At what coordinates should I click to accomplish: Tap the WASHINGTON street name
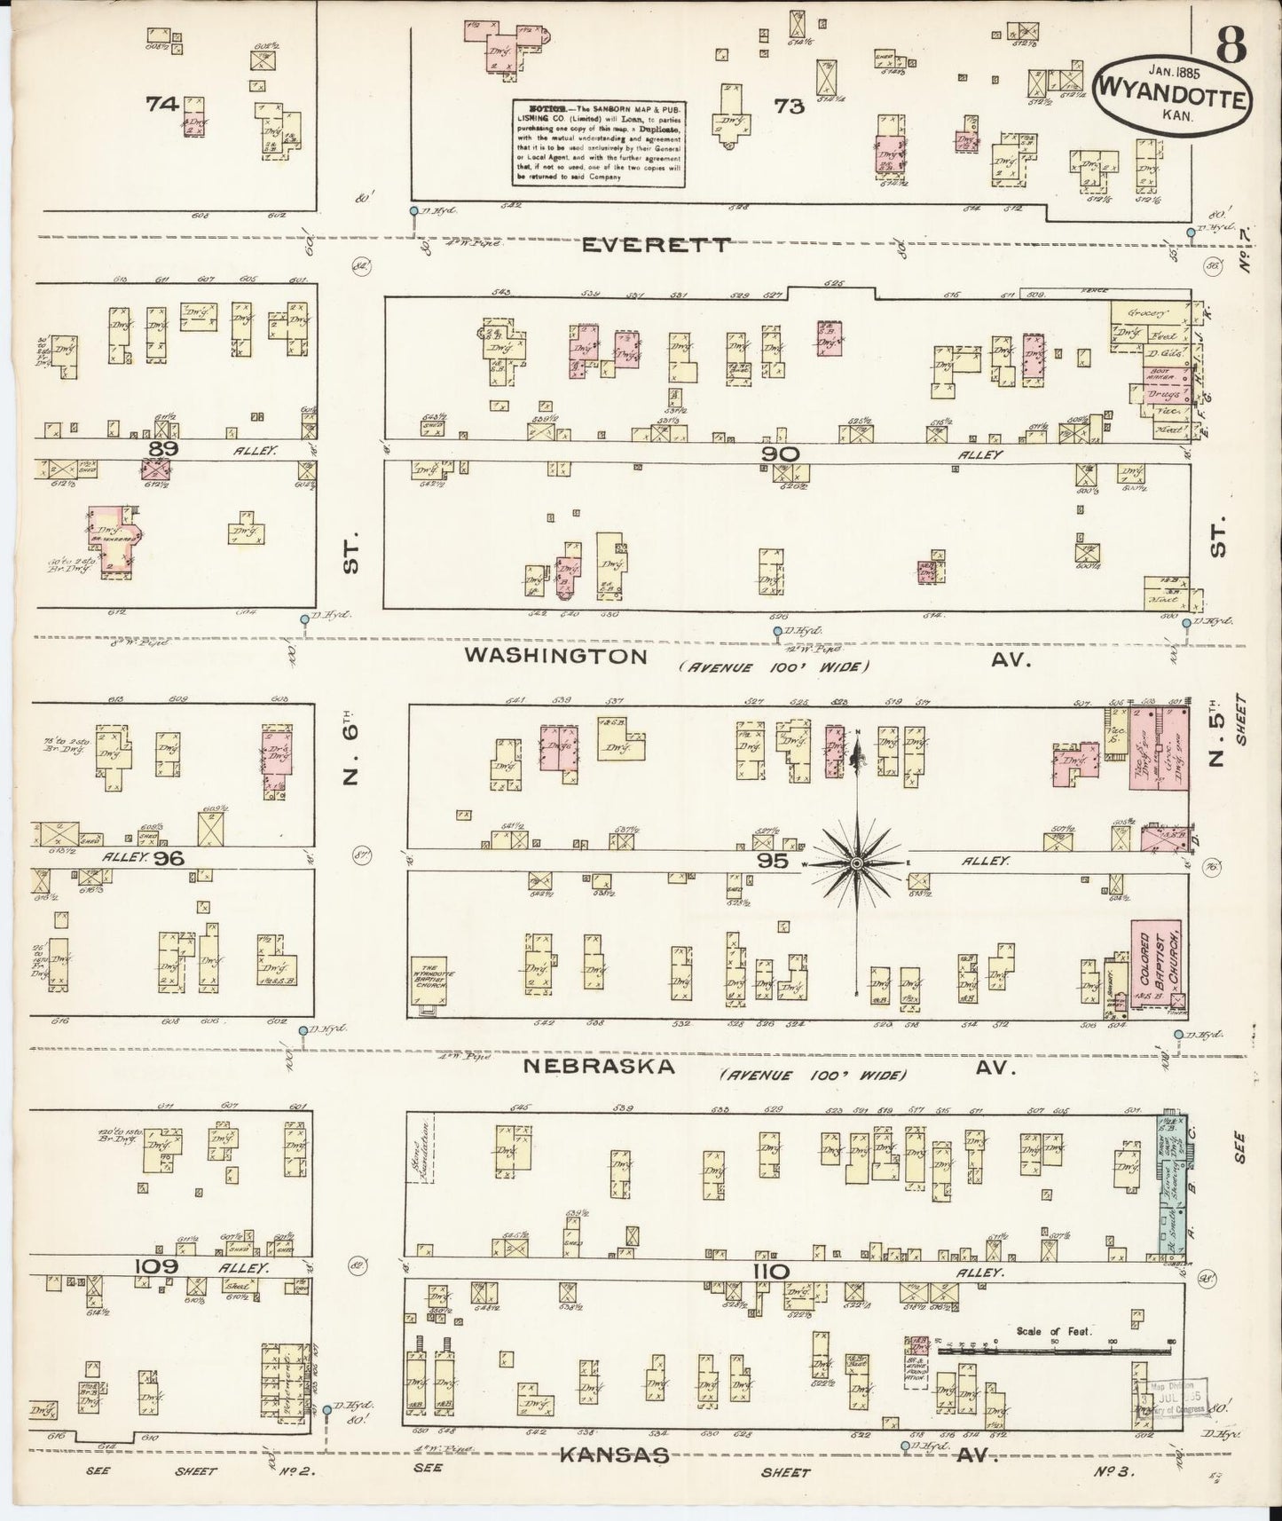(x=556, y=656)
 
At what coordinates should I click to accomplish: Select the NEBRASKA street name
(x=598, y=1067)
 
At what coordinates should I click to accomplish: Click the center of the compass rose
(x=856, y=863)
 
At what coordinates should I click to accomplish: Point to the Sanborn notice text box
(x=599, y=143)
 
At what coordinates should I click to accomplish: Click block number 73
(x=788, y=106)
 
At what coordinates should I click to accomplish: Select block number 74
(x=162, y=104)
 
